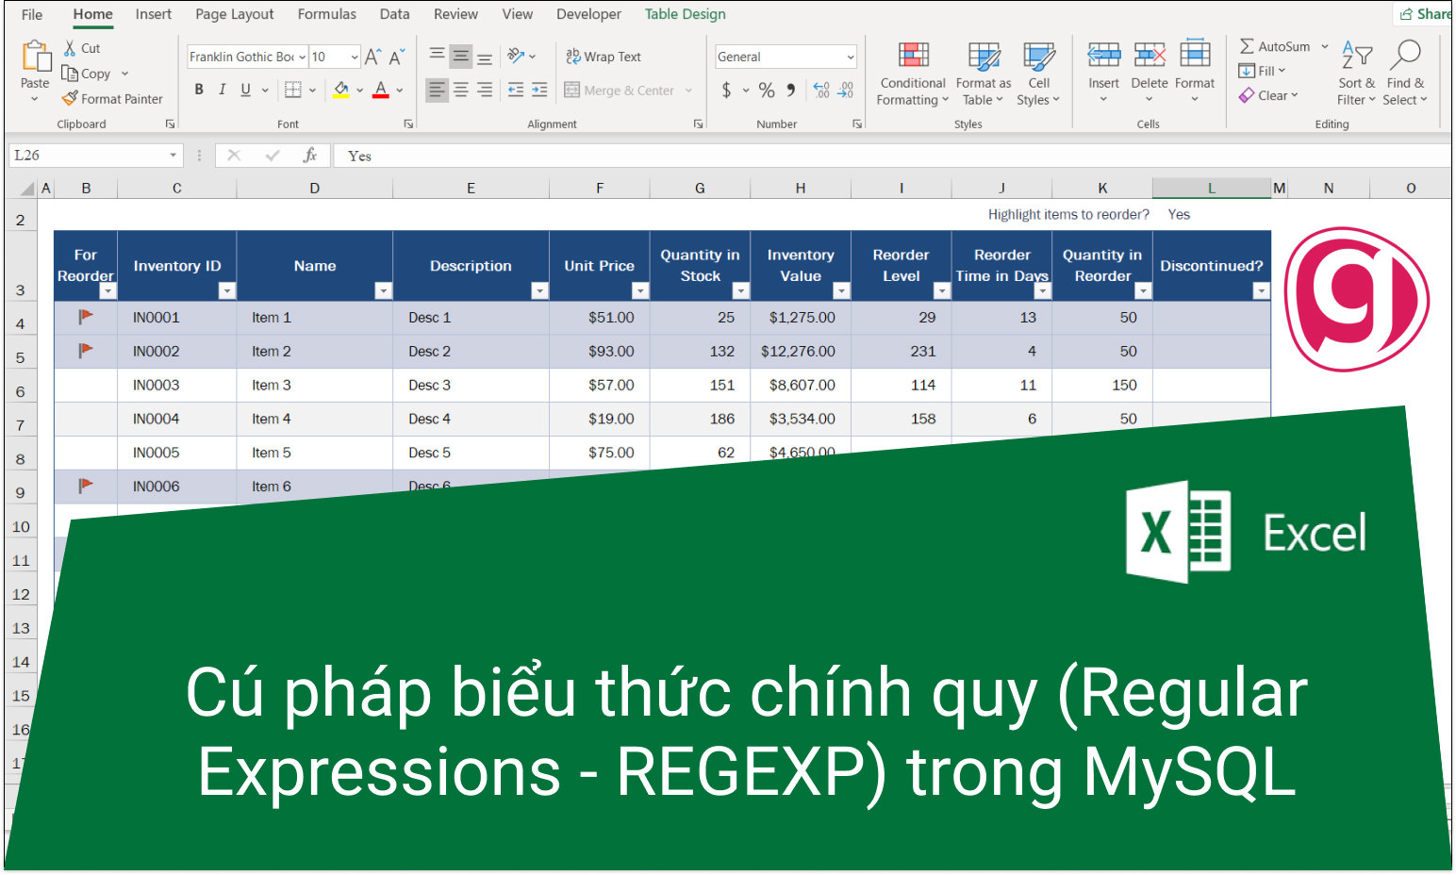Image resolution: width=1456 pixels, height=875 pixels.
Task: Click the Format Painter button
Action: tap(112, 99)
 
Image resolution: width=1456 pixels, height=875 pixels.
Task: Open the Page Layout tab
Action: tap(234, 14)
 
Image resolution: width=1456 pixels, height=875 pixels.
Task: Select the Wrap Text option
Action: tap(604, 57)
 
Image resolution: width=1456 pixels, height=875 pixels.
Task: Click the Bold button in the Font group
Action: tap(199, 90)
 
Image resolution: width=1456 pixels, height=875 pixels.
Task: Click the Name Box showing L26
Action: tap(95, 156)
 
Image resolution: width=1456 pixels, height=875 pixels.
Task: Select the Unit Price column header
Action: tap(600, 265)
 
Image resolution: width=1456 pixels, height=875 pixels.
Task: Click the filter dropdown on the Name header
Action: tap(383, 290)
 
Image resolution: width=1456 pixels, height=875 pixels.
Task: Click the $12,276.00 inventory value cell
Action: tap(801, 351)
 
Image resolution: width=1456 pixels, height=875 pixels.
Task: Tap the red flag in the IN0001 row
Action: tap(85, 317)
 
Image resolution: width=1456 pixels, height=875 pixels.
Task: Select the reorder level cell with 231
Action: tap(901, 351)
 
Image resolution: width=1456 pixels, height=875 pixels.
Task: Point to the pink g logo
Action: tap(1356, 299)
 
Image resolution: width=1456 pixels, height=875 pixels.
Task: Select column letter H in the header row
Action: tap(801, 188)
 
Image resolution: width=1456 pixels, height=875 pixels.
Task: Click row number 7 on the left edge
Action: tap(21, 425)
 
